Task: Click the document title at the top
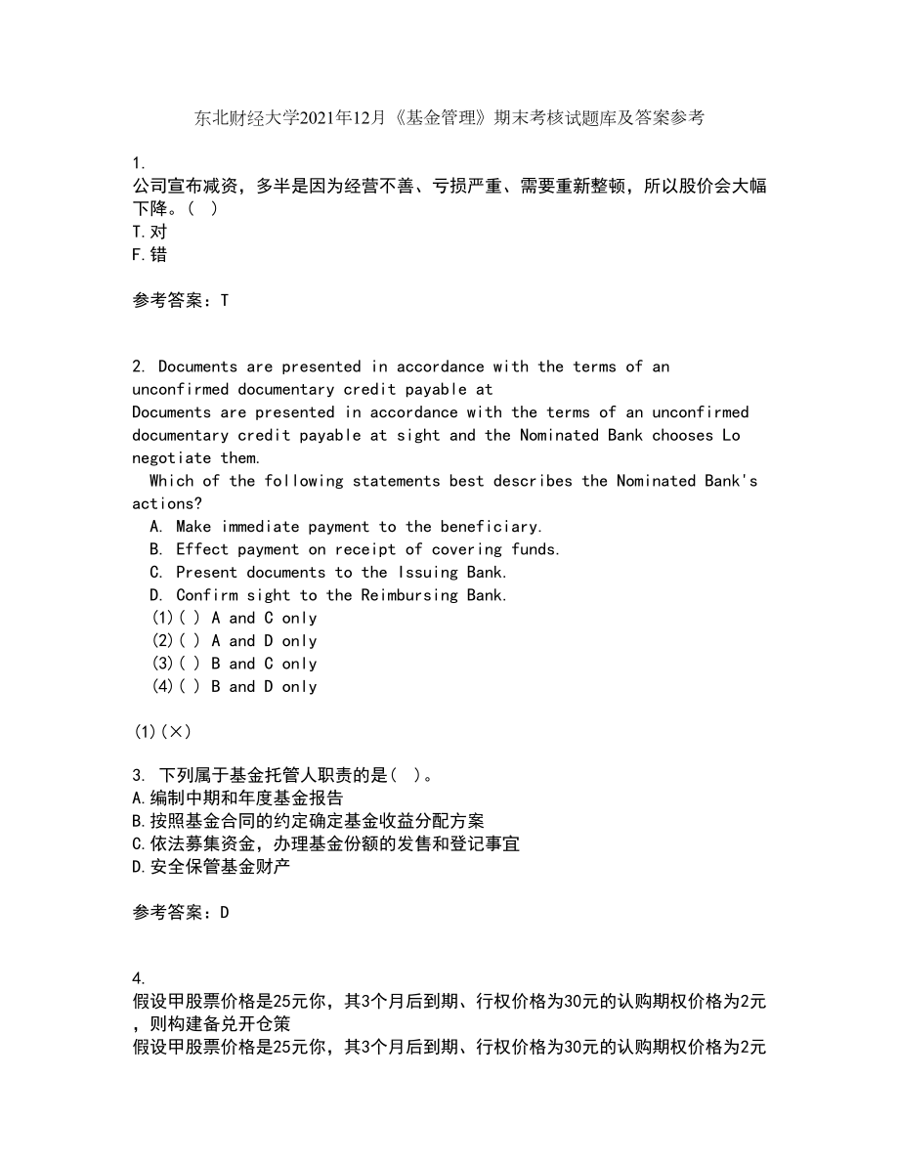(449, 118)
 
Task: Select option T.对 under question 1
(149, 232)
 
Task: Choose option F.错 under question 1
(149, 254)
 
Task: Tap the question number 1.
(138, 163)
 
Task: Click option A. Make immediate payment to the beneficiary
(347, 527)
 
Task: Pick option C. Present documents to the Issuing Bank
(328, 573)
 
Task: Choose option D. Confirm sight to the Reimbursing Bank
(328, 595)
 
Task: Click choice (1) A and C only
(235, 618)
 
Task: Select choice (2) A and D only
(235, 641)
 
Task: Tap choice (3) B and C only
(235, 664)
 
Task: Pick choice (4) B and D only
(235, 687)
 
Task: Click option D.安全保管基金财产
(210, 866)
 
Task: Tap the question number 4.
(138, 978)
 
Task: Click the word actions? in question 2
(167, 504)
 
